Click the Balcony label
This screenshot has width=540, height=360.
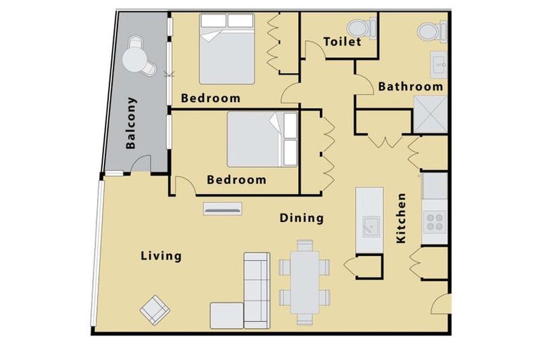[x=131, y=123]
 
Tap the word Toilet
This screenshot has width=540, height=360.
[x=342, y=41]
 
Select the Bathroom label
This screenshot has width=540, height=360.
[x=411, y=86]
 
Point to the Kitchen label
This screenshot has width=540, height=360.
[x=401, y=218]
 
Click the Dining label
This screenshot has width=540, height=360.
[x=302, y=218]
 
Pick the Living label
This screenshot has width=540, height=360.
[x=160, y=256]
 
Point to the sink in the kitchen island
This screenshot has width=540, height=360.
[x=368, y=226]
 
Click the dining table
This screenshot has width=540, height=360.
[x=304, y=281]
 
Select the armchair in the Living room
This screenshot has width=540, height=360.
[x=154, y=307]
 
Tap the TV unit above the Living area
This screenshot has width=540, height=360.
[x=223, y=207]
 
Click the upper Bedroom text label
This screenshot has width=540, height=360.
[x=210, y=98]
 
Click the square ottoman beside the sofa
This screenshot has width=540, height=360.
[x=226, y=315]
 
